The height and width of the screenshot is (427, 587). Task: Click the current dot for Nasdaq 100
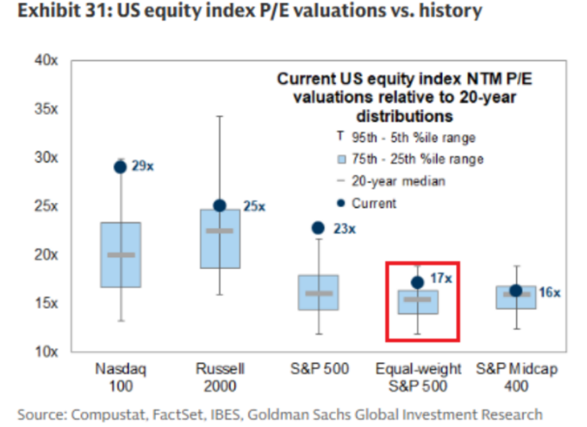(x=120, y=167)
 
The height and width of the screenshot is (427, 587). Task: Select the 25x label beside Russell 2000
(x=254, y=206)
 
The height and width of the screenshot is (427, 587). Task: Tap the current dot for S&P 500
(x=318, y=228)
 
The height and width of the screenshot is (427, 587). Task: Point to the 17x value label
(x=441, y=278)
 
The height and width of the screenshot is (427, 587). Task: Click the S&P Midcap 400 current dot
(x=516, y=291)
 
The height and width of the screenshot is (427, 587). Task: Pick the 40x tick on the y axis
(x=46, y=60)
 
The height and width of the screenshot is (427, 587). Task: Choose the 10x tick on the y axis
(x=46, y=352)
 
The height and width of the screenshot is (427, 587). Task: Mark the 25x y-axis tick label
(x=46, y=206)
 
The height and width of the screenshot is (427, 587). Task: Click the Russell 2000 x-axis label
(x=220, y=377)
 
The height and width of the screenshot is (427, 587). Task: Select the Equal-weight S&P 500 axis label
(x=417, y=377)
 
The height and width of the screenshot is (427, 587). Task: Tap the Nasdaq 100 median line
(x=120, y=254)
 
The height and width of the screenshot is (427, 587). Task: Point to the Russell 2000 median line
(x=220, y=231)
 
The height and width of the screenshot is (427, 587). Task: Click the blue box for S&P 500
(x=318, y=292)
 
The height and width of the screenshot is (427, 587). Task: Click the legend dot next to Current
(x=340, y=203)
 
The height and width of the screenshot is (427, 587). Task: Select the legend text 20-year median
(x=398, y=181)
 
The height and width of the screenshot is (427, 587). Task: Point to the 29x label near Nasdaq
(x=142, y=167)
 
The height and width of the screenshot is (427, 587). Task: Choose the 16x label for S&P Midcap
(x=549, y=292)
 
